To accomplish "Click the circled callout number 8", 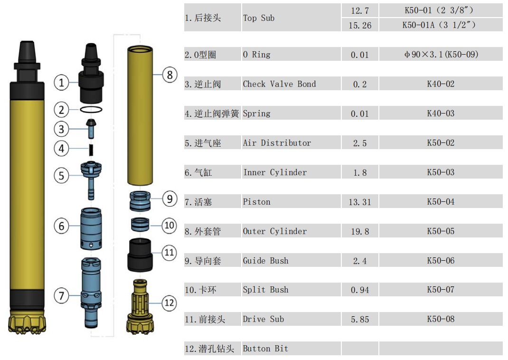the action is [169, 75].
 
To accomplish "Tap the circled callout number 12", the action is [169, 303].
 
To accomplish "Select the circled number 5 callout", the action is [61, 176].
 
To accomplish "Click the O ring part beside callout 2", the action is [91, 110].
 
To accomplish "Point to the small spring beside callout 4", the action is [91, 149].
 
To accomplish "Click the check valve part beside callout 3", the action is [91, 129].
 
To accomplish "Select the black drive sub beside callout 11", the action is [140, 255].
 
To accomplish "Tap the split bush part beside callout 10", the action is [140, 224].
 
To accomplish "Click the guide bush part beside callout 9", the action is [140, 201].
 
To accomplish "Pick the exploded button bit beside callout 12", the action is [140, 306].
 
